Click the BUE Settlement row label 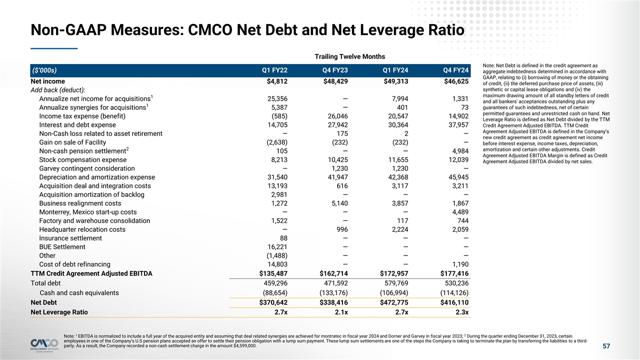pos(62,247)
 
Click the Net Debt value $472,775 pos(391,302)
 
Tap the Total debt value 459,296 pos(273,283)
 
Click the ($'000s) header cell pos(44,70)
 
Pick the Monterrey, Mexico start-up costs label pos(88,212)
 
